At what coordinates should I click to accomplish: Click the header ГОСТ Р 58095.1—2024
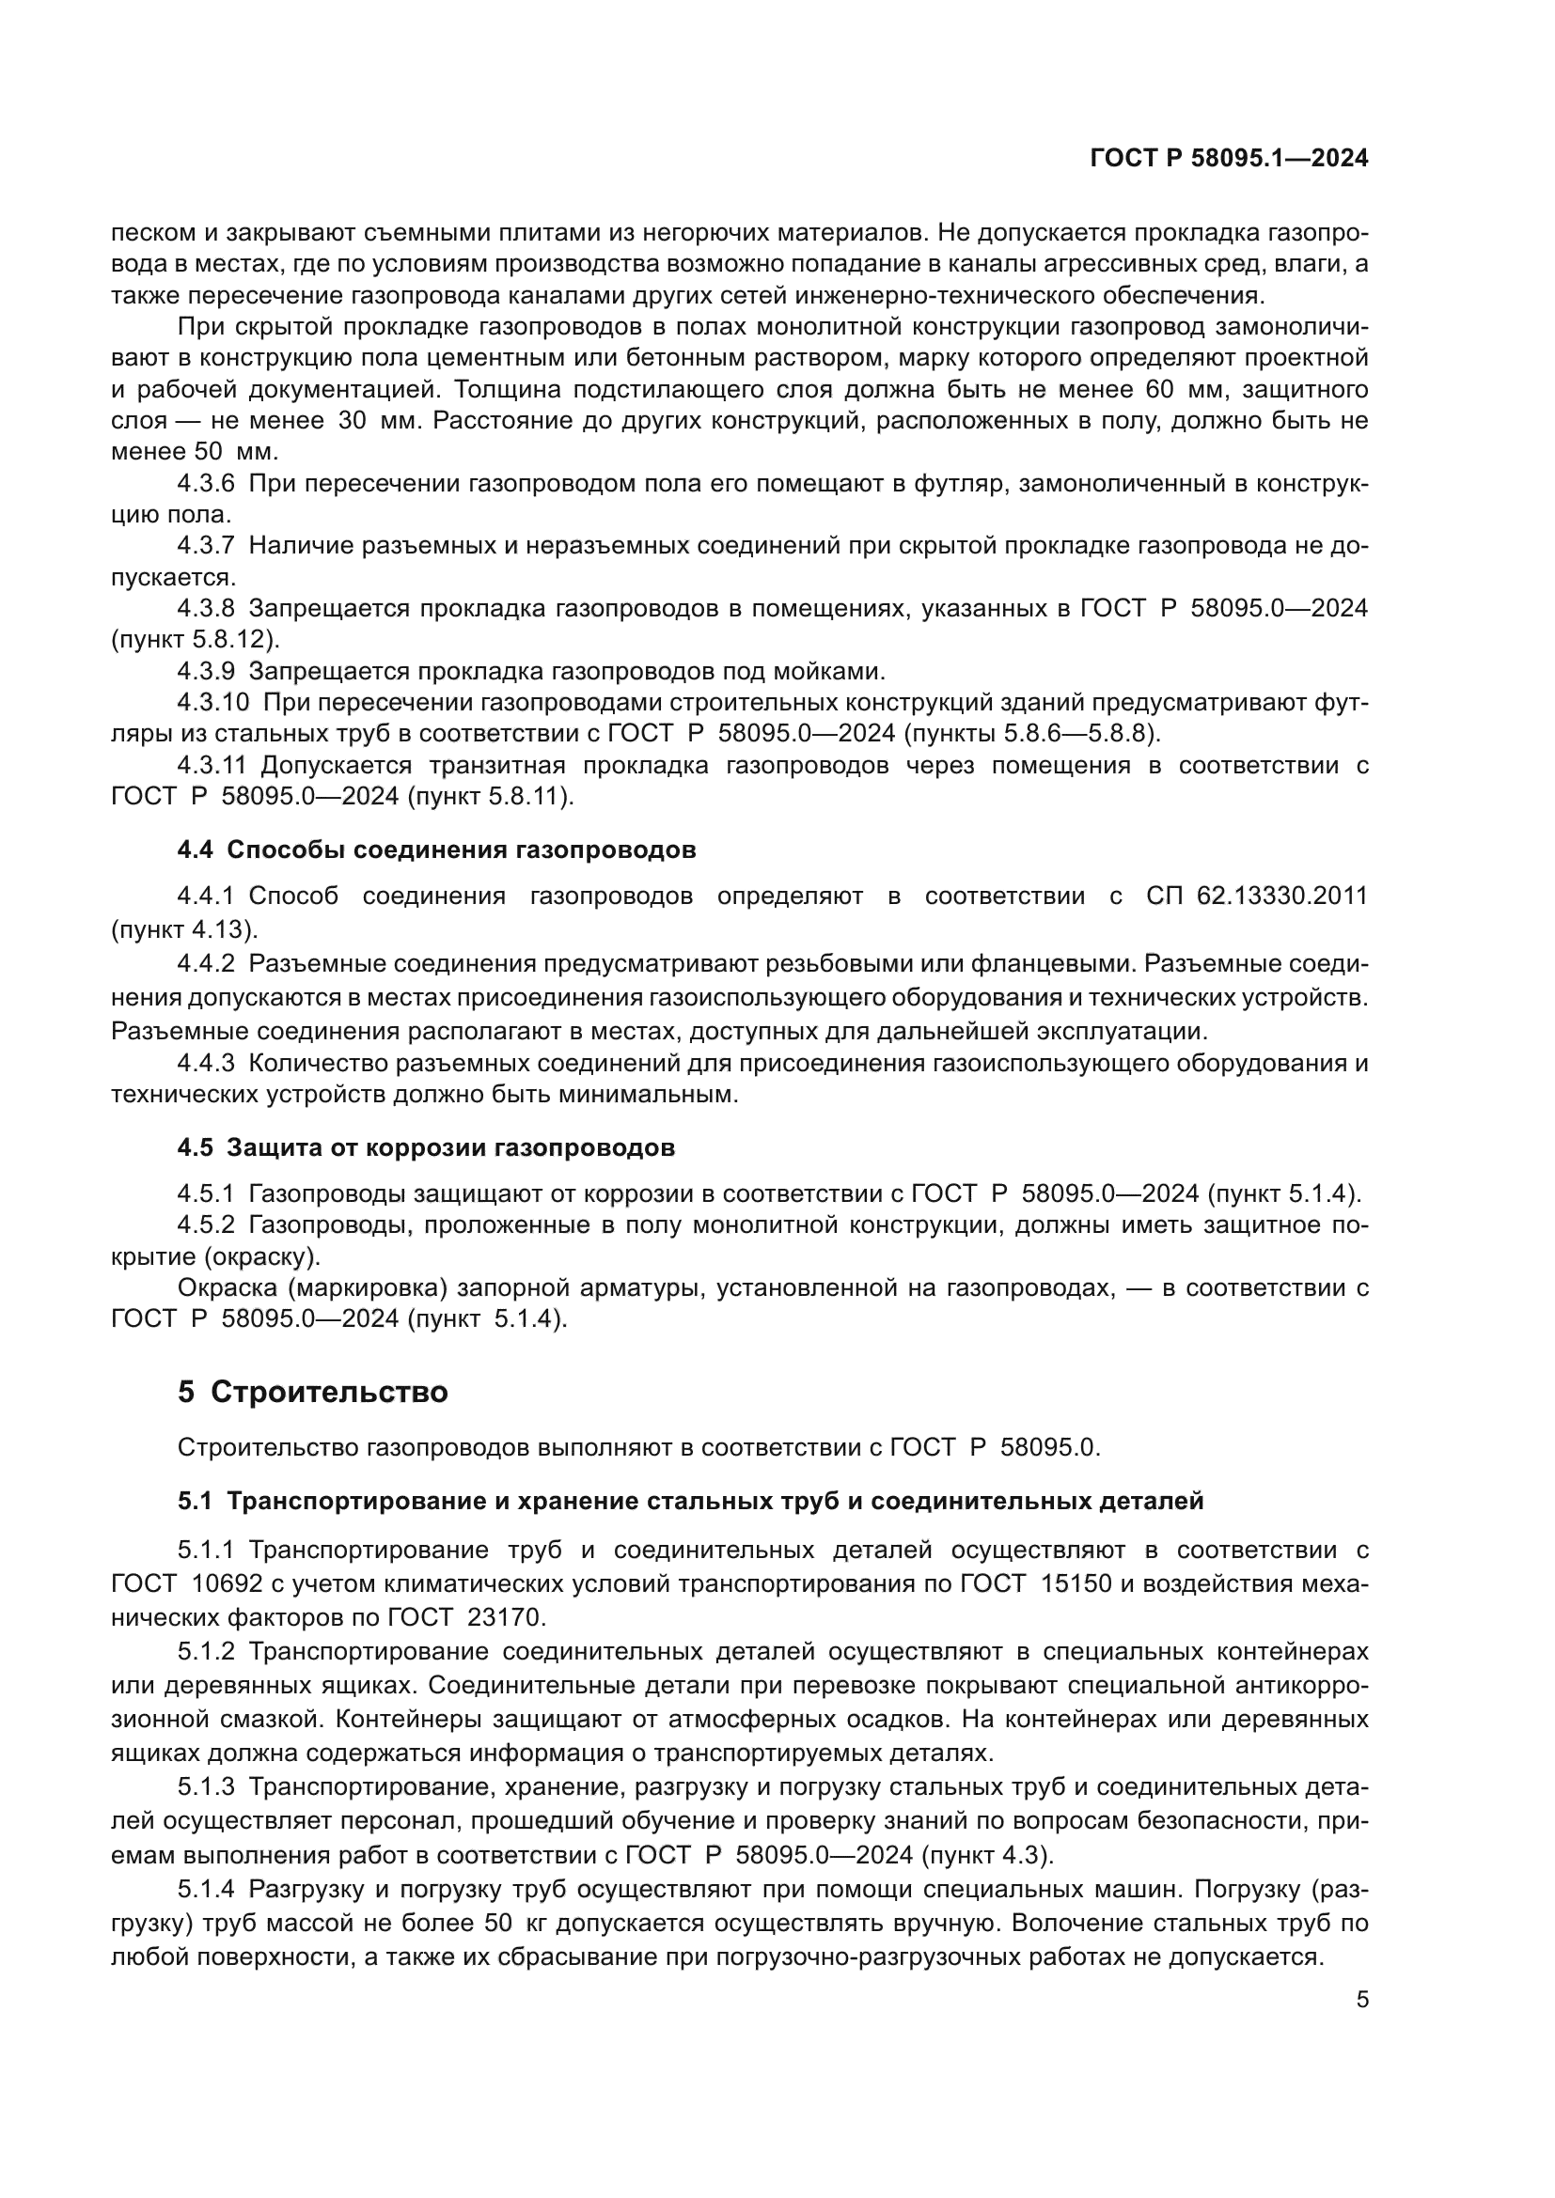(1229, 159)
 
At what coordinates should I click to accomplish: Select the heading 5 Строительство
(312, 1391)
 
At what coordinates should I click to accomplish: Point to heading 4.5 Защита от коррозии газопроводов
(426, 1146)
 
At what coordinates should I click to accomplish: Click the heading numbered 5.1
(689, 1500)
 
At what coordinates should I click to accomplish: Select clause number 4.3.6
(206, 483)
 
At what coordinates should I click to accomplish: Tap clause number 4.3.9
(206, 670)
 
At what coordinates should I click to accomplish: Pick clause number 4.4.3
(206, 1063)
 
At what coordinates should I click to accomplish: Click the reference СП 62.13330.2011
(1256, 896)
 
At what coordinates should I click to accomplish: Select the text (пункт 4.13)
(184, 928)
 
